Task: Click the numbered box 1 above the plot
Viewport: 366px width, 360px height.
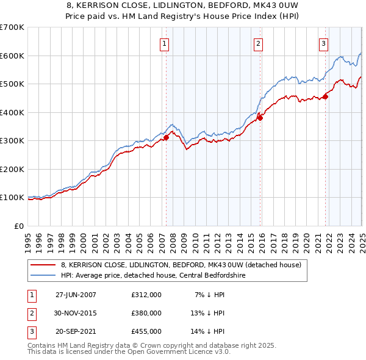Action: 165,43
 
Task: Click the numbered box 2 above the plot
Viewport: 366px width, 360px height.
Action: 259,43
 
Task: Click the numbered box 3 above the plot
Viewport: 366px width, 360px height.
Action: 323,43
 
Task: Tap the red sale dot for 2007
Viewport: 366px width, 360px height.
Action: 166,138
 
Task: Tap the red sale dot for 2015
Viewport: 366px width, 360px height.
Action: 260,118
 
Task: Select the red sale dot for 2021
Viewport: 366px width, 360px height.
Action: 325,96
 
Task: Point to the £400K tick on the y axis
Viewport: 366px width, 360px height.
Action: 13,112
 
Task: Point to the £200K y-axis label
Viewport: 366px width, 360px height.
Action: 13,169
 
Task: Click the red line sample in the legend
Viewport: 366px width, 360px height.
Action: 43,265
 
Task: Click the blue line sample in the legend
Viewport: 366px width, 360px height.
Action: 43,276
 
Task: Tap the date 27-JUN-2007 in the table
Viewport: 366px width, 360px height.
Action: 76,295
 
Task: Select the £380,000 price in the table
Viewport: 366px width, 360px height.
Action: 146,313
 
